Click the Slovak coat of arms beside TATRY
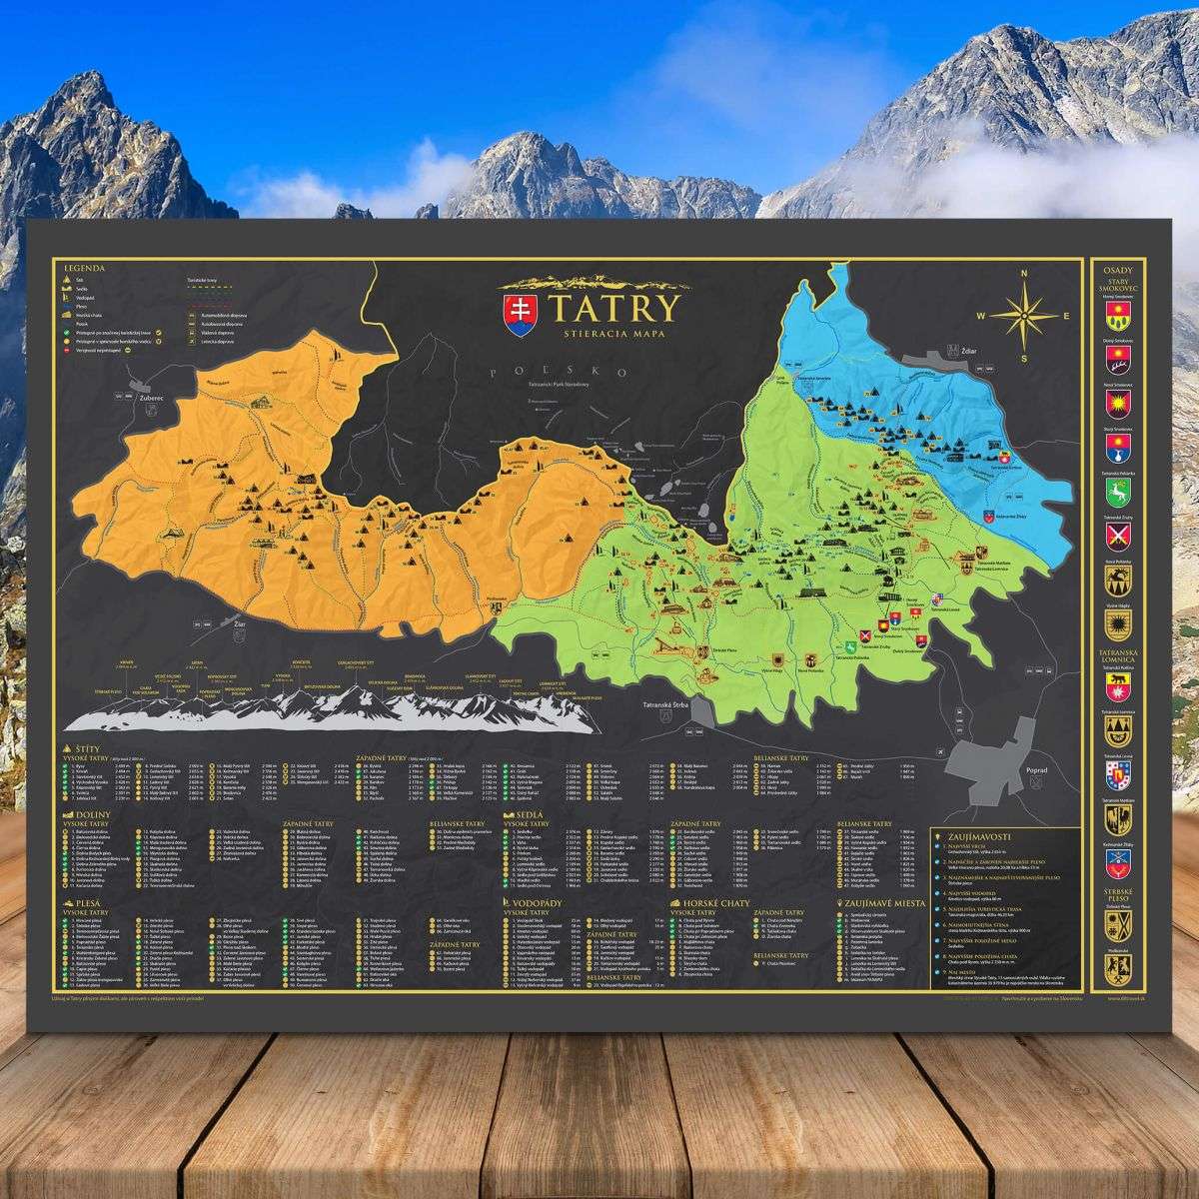(x=518, y=310)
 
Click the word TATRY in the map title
(x=605, y=306)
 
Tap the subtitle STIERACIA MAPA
(x=605, y=333)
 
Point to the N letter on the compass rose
(x=1023, y=274)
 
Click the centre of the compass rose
(x=1024, y=316)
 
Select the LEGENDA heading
(x=85, y=268)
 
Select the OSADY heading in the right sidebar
(x=1117, y=271)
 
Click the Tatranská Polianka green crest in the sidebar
(x=1117, y=492)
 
